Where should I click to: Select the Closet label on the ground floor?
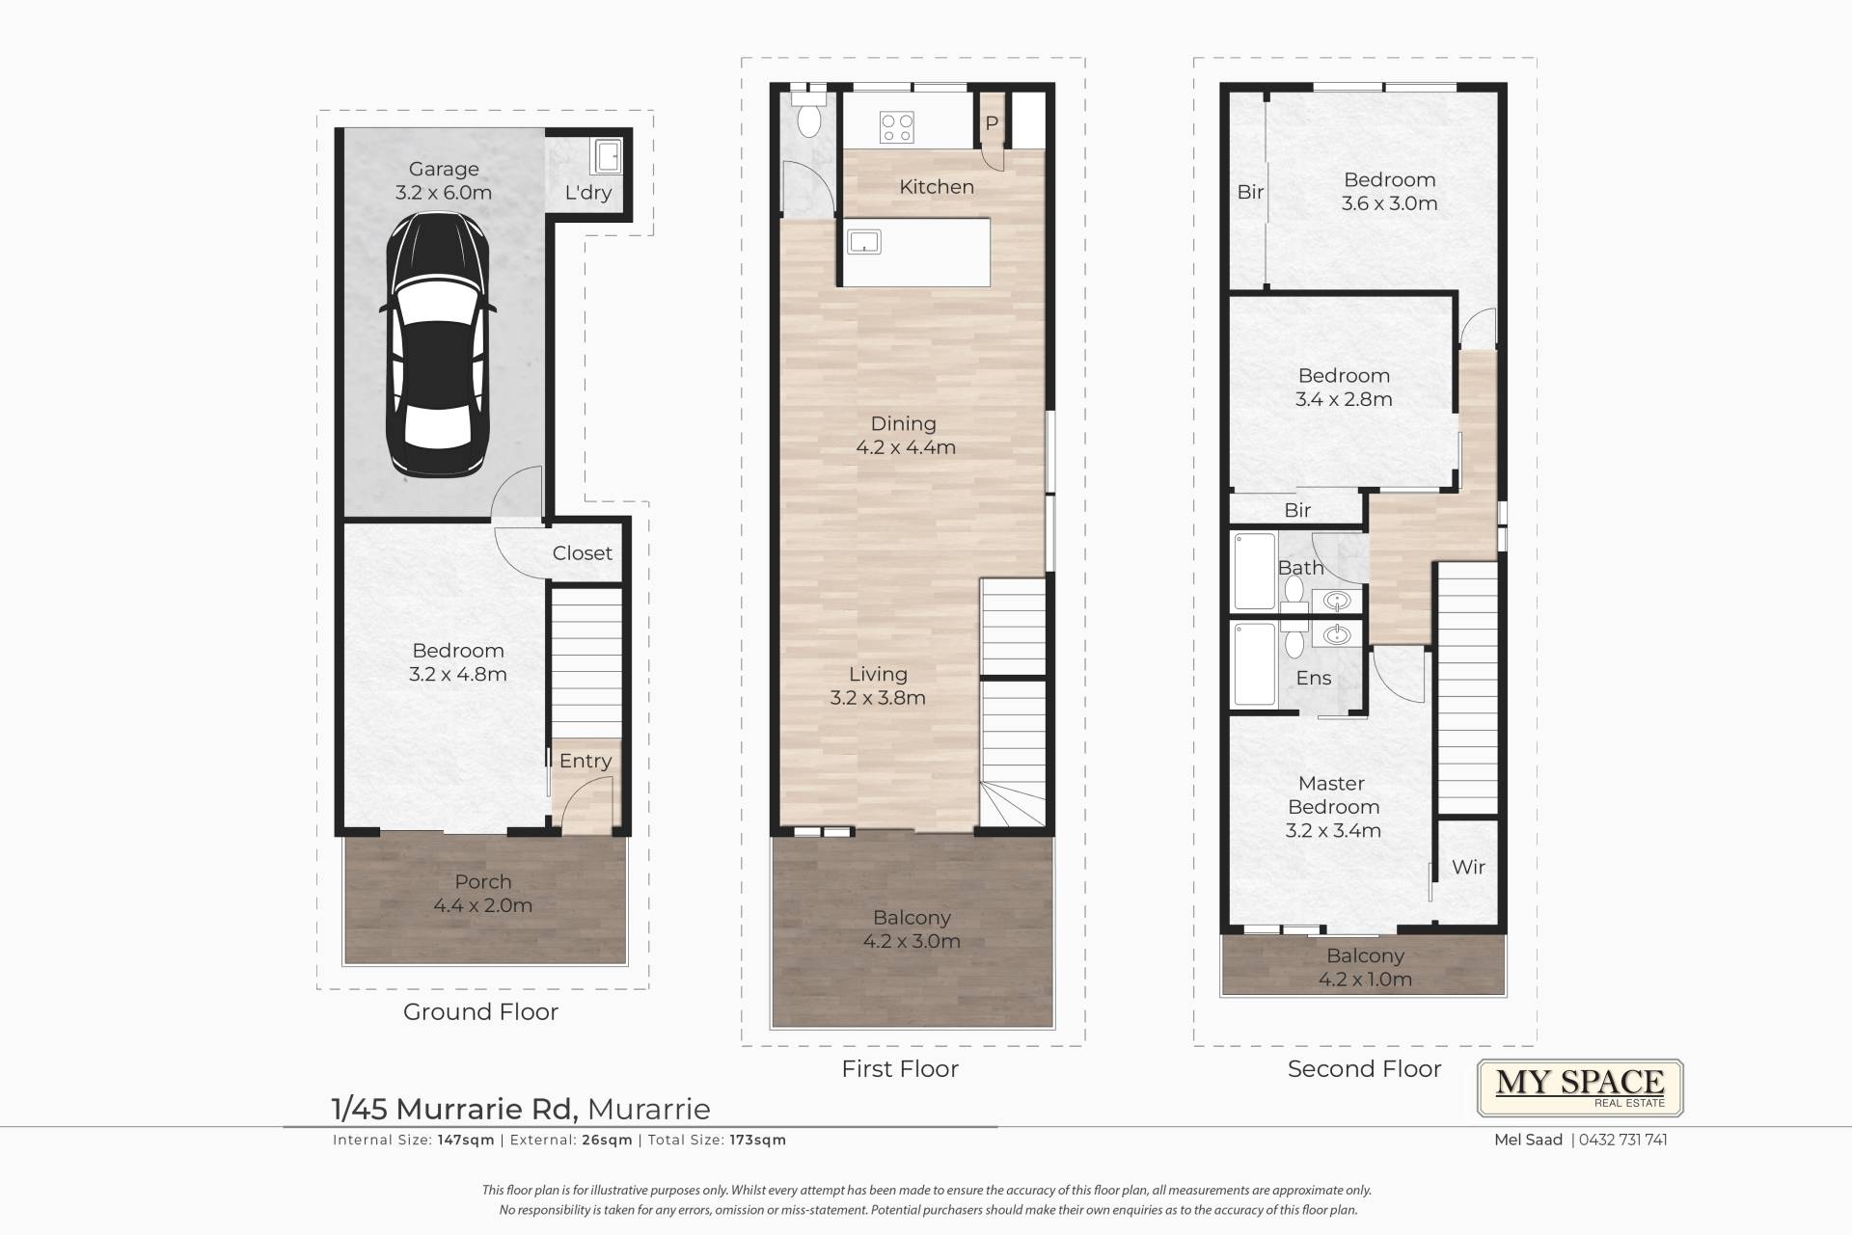pos(583,553)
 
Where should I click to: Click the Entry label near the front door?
pos(586,761)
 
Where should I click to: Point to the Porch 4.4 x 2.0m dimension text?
pos(483,905)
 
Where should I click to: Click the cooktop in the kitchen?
pos(897,127)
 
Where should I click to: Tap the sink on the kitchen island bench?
pos(864,240)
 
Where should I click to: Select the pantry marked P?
pos(992,123)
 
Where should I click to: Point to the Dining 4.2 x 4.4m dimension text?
pos(906,447)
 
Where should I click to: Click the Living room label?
pos(878,674)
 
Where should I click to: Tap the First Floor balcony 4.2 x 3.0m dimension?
pos(912,941)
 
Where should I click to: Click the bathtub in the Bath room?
pos(1255,571)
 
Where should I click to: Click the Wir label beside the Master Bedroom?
pos(1469,867)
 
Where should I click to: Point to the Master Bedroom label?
pos(1333,795)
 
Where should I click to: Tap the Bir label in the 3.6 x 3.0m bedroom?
pos(1250,192)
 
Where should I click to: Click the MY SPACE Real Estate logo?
pos(1581,1088)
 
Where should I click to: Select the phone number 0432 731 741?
pos(1623,1140)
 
